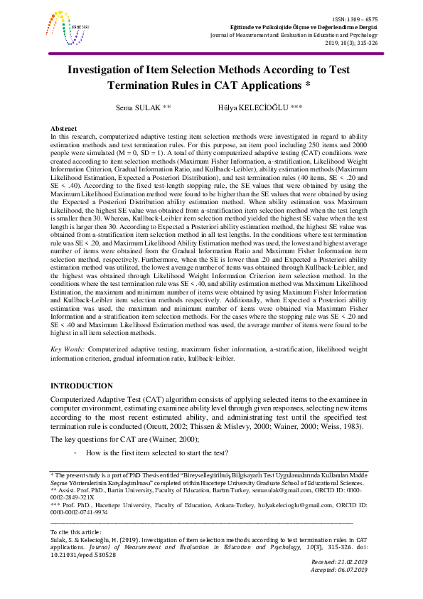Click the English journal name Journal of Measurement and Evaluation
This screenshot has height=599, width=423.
point(291,34)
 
